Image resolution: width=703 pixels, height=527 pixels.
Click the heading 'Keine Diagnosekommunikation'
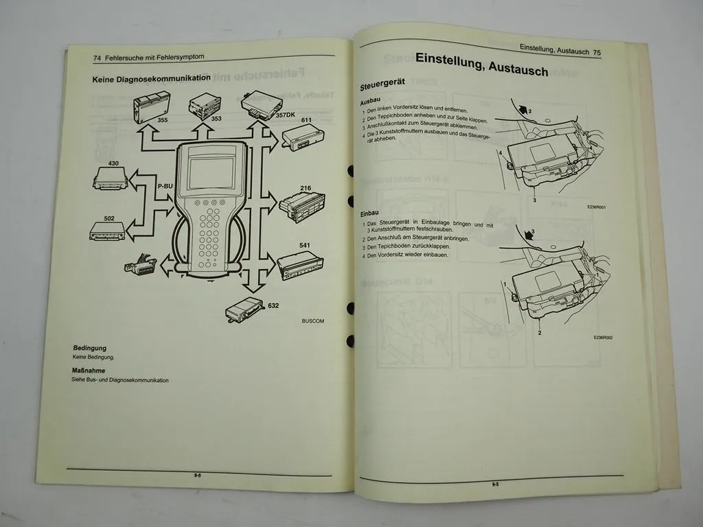click(151, 79)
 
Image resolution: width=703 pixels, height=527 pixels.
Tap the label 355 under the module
click(162, 120)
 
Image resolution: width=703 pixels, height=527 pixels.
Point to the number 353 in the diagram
click(216, 119)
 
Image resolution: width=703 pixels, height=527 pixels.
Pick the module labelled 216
click(302, 207)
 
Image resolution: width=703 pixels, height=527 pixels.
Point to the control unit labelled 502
click(108, 232)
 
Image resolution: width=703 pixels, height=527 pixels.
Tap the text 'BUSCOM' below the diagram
click(312, 320)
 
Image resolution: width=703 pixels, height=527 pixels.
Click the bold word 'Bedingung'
click(89, 349)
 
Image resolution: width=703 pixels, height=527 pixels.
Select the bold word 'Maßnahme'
click(88, 371)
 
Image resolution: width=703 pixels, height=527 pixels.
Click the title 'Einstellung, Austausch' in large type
click(481, 65)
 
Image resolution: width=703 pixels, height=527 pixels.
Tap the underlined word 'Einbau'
click(369, 213)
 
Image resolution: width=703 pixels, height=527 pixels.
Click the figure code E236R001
click(599, 207)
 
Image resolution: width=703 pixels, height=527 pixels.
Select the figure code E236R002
click(603, 338)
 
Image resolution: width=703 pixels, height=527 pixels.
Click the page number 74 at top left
click(97, 58)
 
